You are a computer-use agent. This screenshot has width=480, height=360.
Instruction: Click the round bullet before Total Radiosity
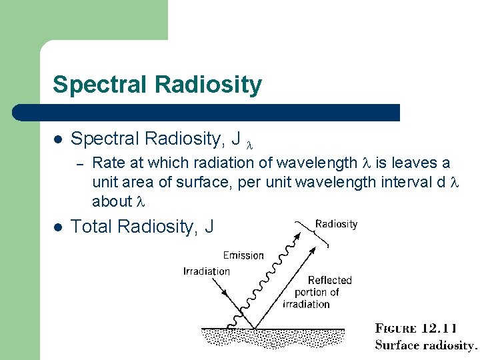click(58, 227)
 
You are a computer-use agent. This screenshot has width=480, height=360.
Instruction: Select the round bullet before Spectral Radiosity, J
click(58, 139)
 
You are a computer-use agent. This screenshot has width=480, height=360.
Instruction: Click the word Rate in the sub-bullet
click(105, 163)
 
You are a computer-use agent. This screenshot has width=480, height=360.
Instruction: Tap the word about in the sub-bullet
click(111, 201)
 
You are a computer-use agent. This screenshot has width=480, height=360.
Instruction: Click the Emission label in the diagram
click(243, 255)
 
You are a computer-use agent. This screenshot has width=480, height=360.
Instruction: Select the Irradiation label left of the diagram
click(206, 271)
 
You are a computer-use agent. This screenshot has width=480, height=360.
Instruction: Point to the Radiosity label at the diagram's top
click(336, 224)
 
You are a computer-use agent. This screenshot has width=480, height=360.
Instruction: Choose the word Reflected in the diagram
click(329, 281)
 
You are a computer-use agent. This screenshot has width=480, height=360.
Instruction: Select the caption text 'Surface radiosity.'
click(426, 345)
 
